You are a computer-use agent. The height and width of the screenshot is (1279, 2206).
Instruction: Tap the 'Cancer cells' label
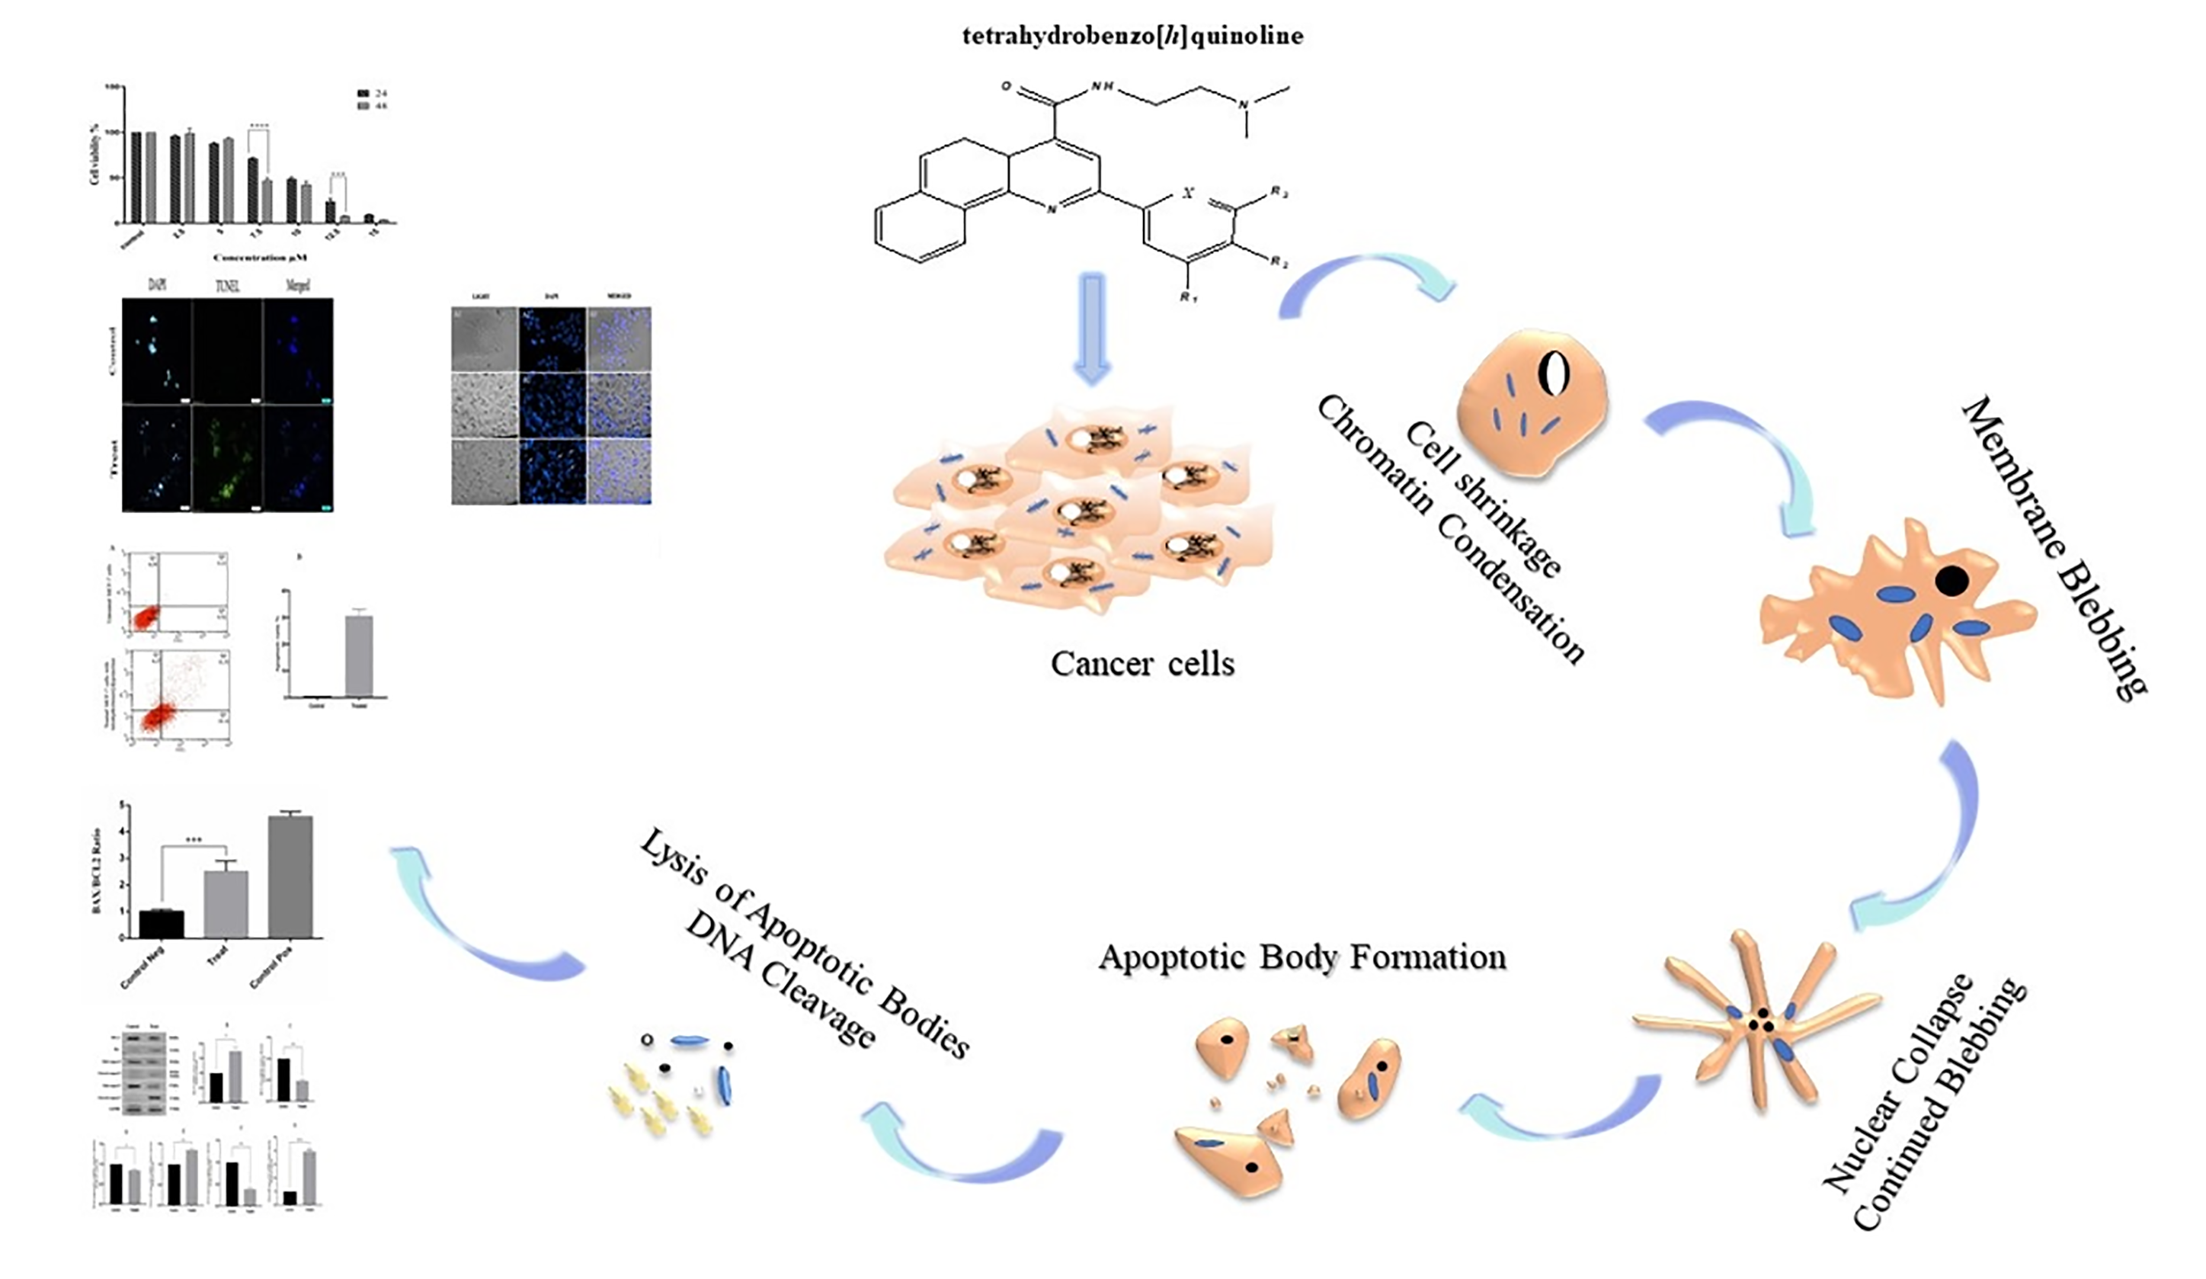tap(1142, 664)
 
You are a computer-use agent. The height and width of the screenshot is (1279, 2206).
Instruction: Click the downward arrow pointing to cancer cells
tap(1092, 329)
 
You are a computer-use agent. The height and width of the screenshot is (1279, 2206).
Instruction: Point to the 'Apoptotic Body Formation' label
tap(1302, 957)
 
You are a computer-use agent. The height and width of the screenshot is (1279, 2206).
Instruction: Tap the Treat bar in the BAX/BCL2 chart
tap(226, 902)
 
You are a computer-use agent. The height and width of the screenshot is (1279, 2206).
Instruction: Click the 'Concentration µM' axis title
tap(261, 258)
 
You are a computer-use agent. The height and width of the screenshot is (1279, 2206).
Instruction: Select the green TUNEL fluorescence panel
tap(227, 458)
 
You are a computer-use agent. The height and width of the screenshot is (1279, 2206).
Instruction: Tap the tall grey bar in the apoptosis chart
tap(359, 655)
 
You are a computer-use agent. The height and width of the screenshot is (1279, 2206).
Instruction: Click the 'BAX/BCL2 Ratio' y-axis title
tap(96, 870)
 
